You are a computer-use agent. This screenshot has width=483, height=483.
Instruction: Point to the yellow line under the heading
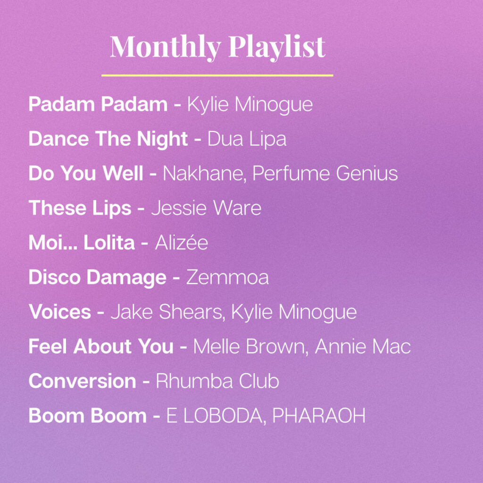[217, 75]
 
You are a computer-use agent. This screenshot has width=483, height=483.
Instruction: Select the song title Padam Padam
[98, 104]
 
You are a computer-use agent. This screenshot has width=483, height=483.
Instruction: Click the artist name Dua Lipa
[247, 139]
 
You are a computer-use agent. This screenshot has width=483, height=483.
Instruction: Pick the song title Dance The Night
[108, 139]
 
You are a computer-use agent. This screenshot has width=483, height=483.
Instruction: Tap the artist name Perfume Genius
[325, 173]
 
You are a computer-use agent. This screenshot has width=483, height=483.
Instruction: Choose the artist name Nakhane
[204, 174]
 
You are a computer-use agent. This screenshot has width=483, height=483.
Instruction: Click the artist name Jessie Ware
[207, 208]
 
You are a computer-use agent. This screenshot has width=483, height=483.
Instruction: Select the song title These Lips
[80, 208]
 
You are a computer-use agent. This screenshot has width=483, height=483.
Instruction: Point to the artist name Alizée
[182, 242]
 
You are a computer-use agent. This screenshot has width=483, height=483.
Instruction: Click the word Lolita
[109, 242]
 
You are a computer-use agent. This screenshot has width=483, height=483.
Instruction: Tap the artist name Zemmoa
[227, 277]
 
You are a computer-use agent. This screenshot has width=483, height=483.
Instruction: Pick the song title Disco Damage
[97, 277]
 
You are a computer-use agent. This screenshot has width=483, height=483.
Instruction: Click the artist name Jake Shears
[167, 312]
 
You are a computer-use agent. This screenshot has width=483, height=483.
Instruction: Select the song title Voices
[60, 312]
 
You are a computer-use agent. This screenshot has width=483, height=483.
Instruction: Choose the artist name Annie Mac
[363, 346]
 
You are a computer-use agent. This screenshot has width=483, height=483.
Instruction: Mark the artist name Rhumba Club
[217, 381]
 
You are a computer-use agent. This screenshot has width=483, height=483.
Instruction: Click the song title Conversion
[82, 381]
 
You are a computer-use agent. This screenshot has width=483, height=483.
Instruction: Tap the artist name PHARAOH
[319, 416]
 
